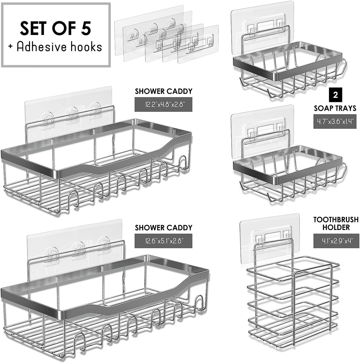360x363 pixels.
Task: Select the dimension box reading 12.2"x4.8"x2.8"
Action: coord(163,105)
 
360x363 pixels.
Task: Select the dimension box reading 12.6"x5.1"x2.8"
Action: coord(163,241)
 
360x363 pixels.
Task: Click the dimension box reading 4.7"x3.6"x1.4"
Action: coord(335,122)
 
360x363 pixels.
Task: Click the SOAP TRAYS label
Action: coord(335,108)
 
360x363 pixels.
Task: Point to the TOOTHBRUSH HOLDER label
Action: coord(336,223)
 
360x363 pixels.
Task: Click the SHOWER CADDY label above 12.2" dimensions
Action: coord(164,91)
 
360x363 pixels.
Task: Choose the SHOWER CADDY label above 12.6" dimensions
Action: coord(164,228)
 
